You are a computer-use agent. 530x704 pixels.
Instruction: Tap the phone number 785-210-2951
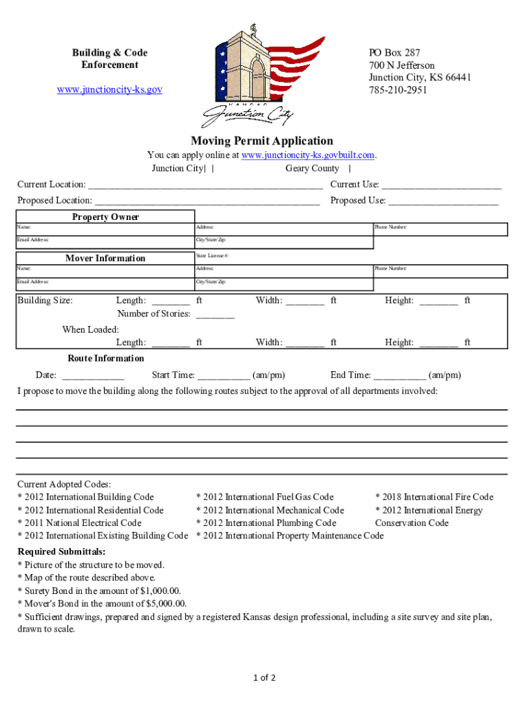pyautogui.click(x=397, y=90)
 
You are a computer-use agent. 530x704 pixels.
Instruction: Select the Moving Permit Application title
pyautogui.click(x=262, y=141)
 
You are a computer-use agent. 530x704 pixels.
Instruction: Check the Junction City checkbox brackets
pyautogui.click(x=209, y=168)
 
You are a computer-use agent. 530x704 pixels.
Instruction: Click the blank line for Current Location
pyautogui.click(x=206, y=185)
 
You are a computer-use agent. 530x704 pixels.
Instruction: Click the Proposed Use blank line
pyautogui.click(x=443, y=201)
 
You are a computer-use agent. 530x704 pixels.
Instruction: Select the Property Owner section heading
pyautogui.click(x=105, y=217)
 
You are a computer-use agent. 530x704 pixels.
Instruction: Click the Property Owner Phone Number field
pyautogui.click(x=439, y=230)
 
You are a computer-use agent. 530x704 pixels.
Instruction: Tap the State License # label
pyautogui.click(x=211, y=256)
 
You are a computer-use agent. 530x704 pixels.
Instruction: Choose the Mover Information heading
pyautogui.click(x=105, y=258)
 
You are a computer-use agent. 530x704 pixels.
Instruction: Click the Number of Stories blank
pyautogui.click(x=215, y=315)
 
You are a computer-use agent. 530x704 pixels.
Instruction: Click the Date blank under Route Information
pyautogui.click(x=93, y=376)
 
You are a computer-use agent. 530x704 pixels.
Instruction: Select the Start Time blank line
pyautogui.click(x=223, y=376)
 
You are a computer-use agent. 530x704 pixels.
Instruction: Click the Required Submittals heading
pyautogui.click(x=61, y=552)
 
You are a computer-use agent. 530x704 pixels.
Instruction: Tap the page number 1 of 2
pyautogui.click(x=264, y=678)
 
